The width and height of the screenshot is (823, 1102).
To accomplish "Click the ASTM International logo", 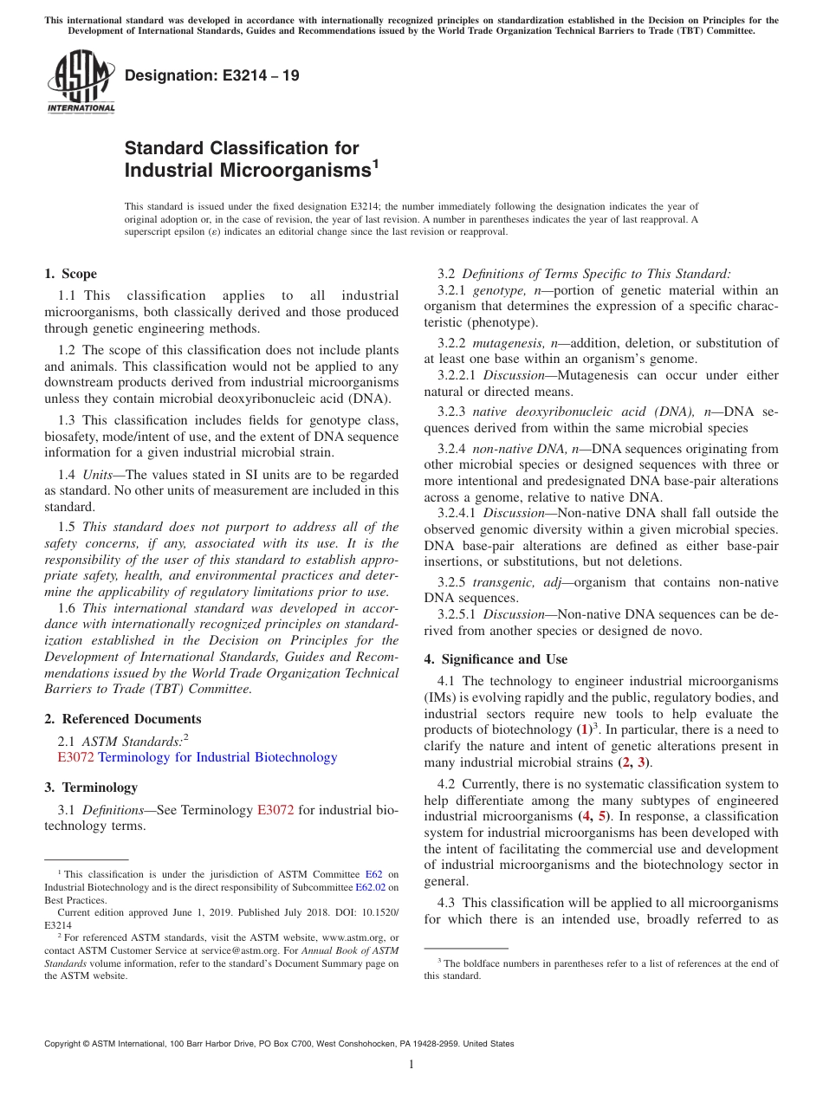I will [x=81, y=81].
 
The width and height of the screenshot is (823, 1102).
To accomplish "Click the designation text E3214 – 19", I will [x=213, y=75].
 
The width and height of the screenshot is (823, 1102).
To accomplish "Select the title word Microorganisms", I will [x=247, y=171].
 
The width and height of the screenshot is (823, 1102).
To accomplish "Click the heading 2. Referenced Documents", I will [x=122, y=719].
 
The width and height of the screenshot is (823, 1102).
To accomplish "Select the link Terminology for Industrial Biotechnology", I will [x=217, y=757].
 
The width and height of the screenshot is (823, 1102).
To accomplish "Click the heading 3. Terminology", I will [x=90, y=788].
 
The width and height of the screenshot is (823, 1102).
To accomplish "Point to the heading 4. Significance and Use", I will [x=496, y=659].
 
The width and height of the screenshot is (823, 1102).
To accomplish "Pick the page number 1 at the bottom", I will [x=411, y=1065].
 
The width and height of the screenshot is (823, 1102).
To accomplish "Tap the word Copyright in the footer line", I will [x=66, y=1044].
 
